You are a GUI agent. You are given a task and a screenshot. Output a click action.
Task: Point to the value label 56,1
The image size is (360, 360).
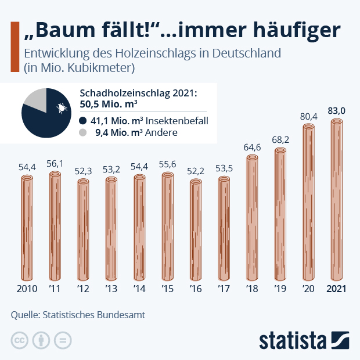click(56, 164)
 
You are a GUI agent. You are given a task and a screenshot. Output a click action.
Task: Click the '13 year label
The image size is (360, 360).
click(111, 289)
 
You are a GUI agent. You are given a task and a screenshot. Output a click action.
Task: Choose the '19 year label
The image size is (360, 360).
click(280, 289)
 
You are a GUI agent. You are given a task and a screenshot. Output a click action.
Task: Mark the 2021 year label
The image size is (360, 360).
click(337, 289)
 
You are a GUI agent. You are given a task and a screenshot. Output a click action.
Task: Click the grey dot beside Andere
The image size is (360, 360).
click(82, 132)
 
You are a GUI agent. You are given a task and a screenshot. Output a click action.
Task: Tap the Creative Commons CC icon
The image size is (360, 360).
click(19, 340)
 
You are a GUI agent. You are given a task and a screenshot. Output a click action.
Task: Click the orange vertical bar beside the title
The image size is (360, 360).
click(15, 48)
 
